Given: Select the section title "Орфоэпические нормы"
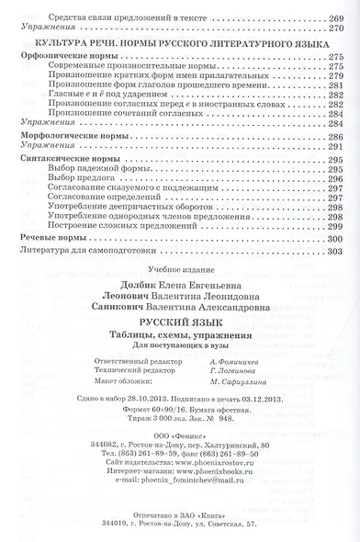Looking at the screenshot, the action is point(62,56).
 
